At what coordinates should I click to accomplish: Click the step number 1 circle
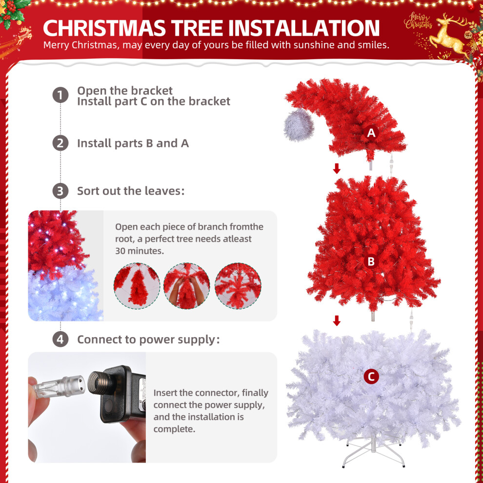(60, 95)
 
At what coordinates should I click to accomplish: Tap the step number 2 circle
(60, 143)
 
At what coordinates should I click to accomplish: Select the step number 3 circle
(60, 191)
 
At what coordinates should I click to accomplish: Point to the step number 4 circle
(60, 339)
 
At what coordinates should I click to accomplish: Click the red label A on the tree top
(371, 133)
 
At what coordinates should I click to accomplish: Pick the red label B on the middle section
(371, 262)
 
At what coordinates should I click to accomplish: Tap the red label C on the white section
(371, 377)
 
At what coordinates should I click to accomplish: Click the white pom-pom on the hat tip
(299, 125)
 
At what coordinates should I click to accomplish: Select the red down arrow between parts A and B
(337, 168)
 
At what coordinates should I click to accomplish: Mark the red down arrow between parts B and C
(337, 321)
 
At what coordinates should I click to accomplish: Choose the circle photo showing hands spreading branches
(187, 286)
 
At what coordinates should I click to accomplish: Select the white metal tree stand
(373, 451)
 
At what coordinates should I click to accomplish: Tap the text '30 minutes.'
(140, 251)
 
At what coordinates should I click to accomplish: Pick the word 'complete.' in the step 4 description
(174, 429)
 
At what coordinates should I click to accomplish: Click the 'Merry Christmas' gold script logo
(418, 21)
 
